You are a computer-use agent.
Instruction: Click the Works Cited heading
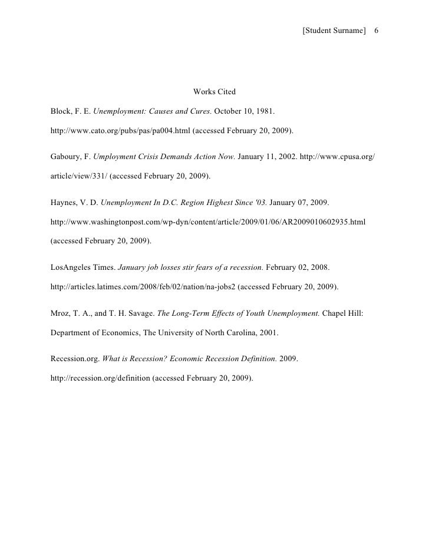tap(214, 92)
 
